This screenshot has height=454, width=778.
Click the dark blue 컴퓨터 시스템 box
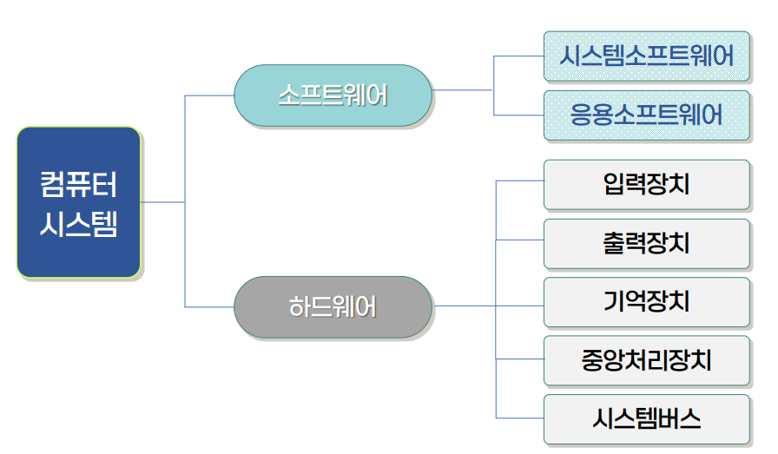click(78, 202)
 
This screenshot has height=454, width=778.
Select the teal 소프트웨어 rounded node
click(333, 95)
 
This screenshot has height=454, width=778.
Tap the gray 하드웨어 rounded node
click(333, 306)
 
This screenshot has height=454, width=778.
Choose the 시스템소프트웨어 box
click(646, 56)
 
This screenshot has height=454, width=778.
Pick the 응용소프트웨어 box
click(646, 115)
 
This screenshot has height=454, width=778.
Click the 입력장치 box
click(646, 184)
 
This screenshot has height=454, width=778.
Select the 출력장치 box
click(646, 243)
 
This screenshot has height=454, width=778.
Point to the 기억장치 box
click(646, 301)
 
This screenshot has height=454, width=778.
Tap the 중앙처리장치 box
click(646, 360)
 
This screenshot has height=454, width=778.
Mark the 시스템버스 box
click(646, 419)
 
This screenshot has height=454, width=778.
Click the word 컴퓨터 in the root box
click(78, 184)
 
